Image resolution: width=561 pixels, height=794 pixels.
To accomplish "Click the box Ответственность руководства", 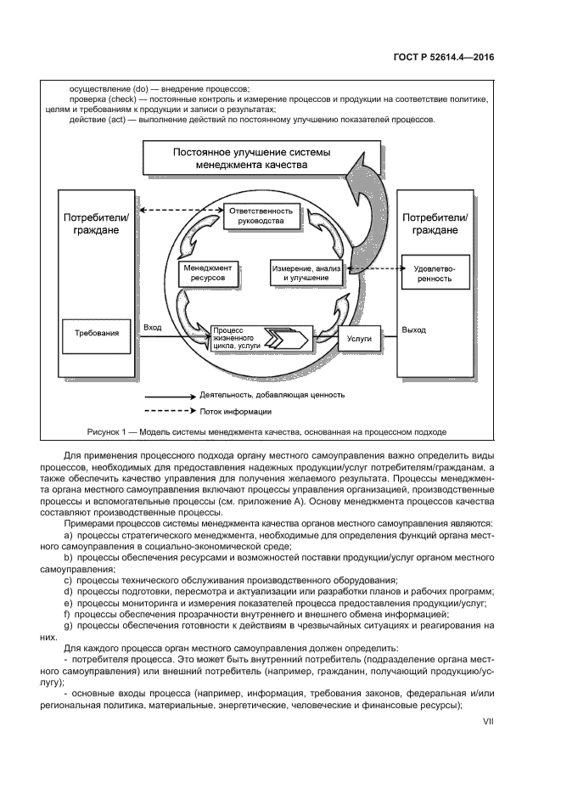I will (x=261, y=217).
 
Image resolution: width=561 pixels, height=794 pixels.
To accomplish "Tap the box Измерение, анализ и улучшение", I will (x=306, y=273).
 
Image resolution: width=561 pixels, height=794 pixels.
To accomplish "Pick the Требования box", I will (x=91, y=334).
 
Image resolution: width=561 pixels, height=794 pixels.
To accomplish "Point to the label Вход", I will (x=153, y=327).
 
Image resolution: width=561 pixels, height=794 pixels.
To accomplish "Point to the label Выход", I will (x=414, y=329).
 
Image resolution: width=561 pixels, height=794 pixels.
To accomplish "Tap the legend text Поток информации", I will (x=236, y=412).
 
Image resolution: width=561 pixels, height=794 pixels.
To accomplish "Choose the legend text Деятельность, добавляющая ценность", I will (x=272, y=395).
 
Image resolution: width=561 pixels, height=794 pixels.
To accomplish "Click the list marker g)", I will (x=68, y=625).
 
